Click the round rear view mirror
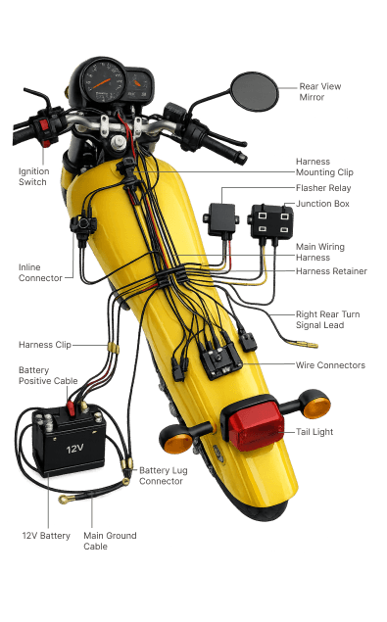click(255, 92)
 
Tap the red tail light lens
click(255, 426)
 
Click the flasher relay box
click(221, 220)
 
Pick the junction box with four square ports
click(271, 221)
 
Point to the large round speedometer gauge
click(104, 81)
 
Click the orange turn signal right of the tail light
click(315, 405)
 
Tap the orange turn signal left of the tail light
click(176, 440)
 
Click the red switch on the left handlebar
click(44, 125)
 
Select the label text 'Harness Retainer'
click(331, 271)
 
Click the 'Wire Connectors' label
click(330, 365)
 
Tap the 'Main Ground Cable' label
click(110, 541)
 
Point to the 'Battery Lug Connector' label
click(164, 476)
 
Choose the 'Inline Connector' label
click(40, 272)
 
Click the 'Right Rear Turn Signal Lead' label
click(328, 319)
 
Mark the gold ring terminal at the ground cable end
click(64, 499)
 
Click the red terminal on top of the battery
click(71, 408)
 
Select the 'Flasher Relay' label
click(323, 188)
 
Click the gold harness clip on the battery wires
click(114, 349)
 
